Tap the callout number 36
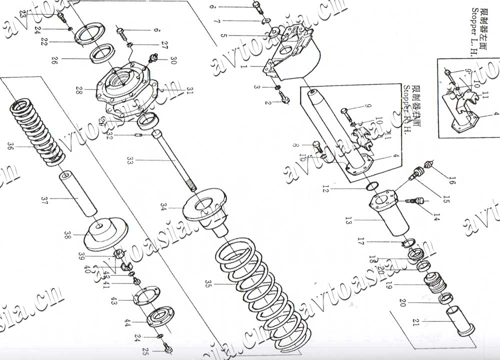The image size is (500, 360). [10, 146]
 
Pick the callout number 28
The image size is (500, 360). [78, 90]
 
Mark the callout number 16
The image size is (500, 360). [452, 181]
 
